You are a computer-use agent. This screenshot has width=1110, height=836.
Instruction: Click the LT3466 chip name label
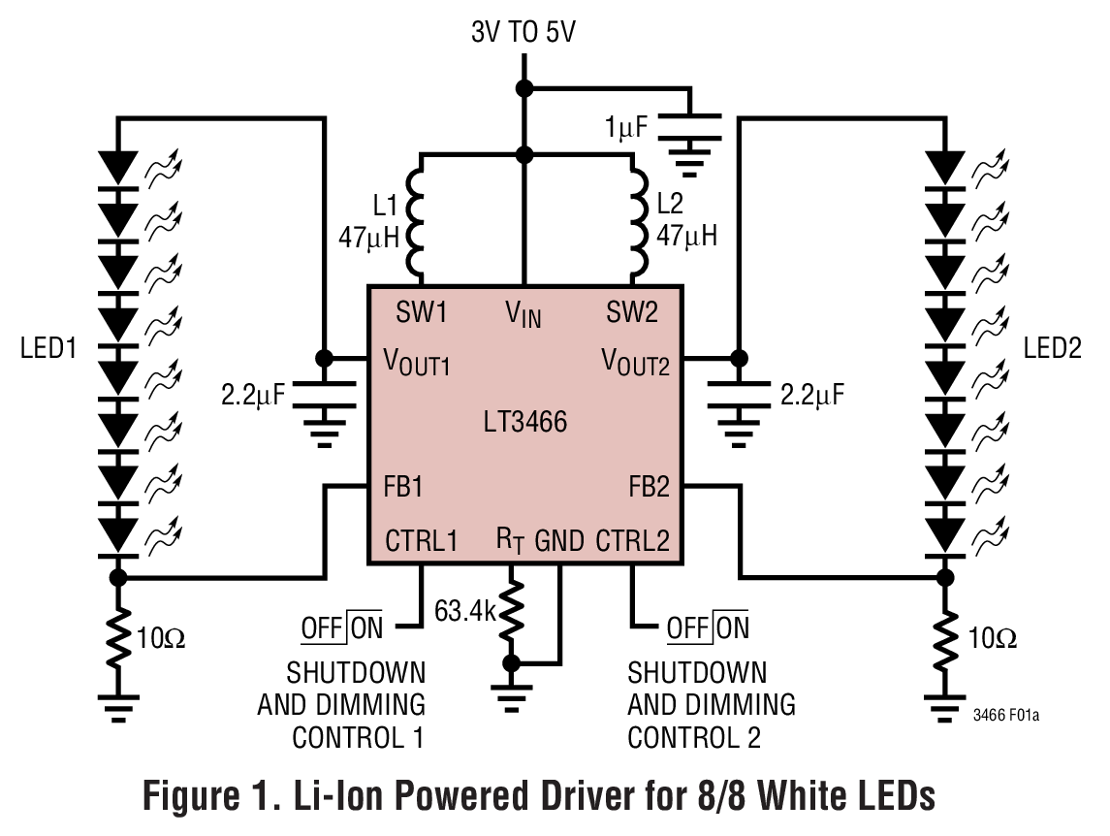pyautogui.click(x=525, y=422)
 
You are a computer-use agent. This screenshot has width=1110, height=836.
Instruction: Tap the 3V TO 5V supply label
pyautogui.click(x=523, y=31)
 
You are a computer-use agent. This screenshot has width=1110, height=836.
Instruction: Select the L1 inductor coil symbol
pyautogui.click(x=415, y=221)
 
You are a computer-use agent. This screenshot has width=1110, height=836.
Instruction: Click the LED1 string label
pyautogui.click(x=48, y=348)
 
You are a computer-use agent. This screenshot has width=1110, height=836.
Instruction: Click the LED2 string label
pyautogui.click(x=1053, y=348)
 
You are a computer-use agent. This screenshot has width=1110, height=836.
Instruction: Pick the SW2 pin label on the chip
pyautogui.click(x=632, y=312)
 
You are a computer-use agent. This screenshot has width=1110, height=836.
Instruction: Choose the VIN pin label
pyautogui.click(x=523, y=314)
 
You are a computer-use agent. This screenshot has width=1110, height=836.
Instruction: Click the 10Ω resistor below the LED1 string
pyautogui.click(x=117, y=638)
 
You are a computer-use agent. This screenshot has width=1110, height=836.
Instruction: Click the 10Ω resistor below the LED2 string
pyautogui.click(x=942, y=638)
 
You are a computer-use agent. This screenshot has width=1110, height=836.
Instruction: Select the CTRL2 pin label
pyautogui.click(x=632, y=539)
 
